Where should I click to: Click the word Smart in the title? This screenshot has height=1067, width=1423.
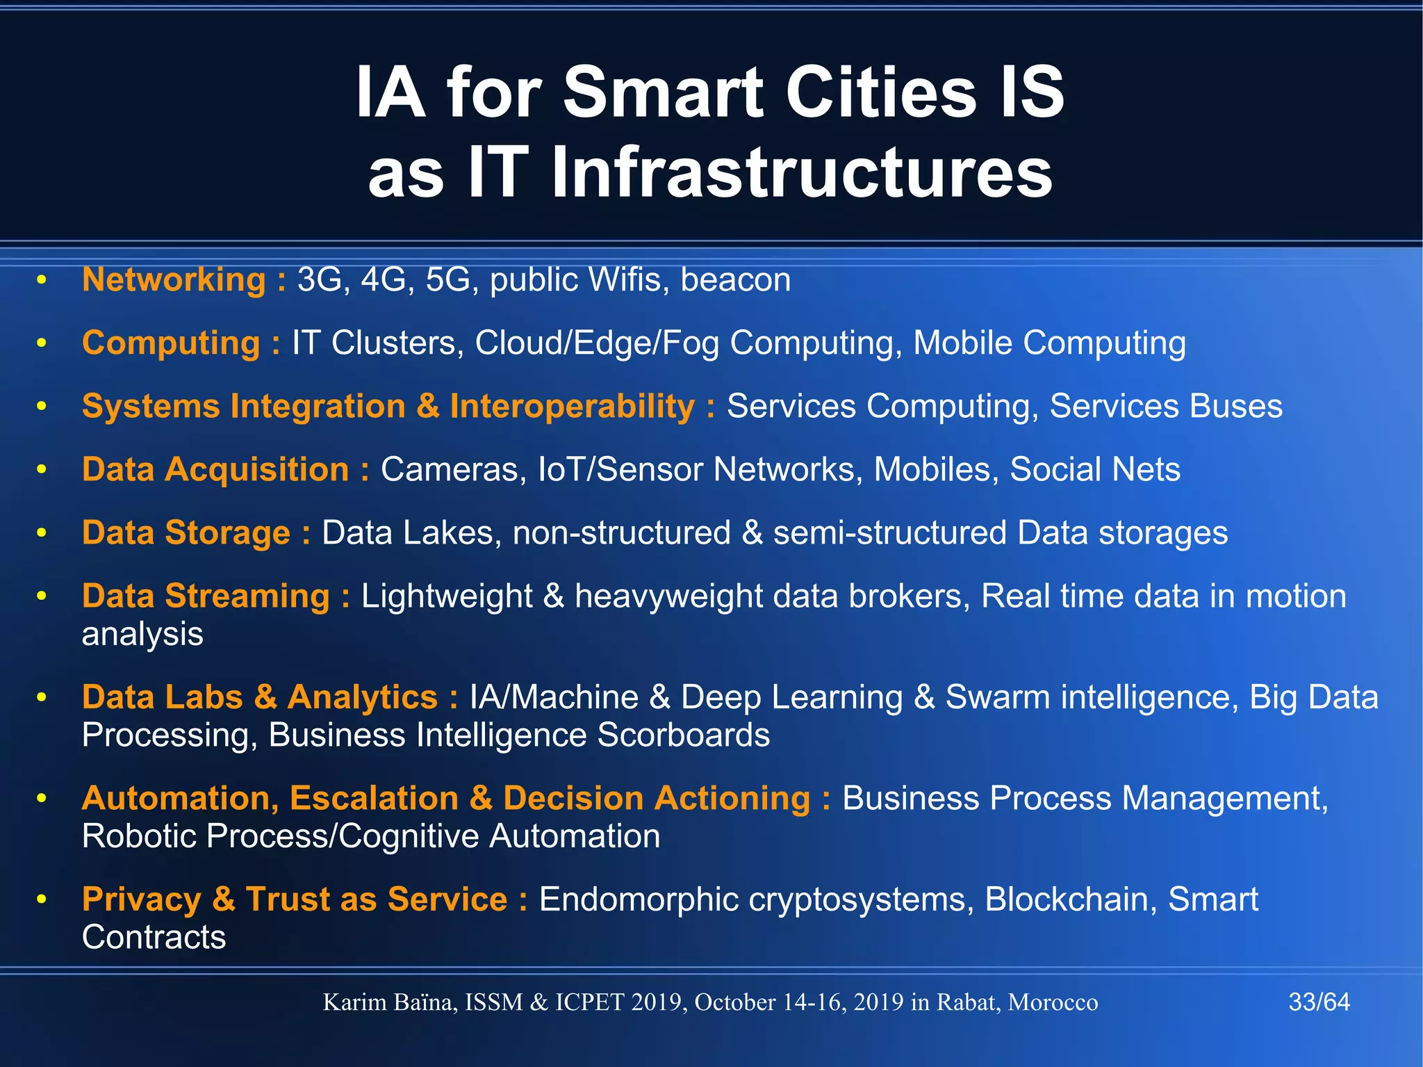pos(664,92)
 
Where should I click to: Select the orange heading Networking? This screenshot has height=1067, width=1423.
pos(174,280)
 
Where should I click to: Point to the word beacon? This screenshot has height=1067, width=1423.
pos(735,280)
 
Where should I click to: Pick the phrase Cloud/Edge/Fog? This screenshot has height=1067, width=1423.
pos(597,343)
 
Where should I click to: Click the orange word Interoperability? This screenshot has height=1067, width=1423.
pos(572,407)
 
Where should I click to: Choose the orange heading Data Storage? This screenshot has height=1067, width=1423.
pos(186,533)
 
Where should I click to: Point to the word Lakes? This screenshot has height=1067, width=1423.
pos(452,533)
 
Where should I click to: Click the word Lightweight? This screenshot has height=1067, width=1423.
pos(447,596)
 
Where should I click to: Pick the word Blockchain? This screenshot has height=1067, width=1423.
pos(1070,899)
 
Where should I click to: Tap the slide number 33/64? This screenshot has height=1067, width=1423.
pos(1319,1002)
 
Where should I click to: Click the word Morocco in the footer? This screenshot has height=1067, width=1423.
pos(1053,1002)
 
